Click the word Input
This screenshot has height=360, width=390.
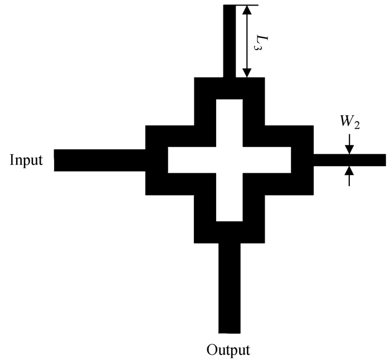(26, 160)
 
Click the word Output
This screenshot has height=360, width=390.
(228, 351)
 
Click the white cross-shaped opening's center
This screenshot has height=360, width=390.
(229, 160)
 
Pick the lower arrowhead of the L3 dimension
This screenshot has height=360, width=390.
(247, 72)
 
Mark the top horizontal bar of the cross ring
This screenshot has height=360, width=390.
(229, 88)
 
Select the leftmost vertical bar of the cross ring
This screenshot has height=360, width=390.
(157, 160)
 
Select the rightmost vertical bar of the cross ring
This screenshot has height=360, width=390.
(303, 160)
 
